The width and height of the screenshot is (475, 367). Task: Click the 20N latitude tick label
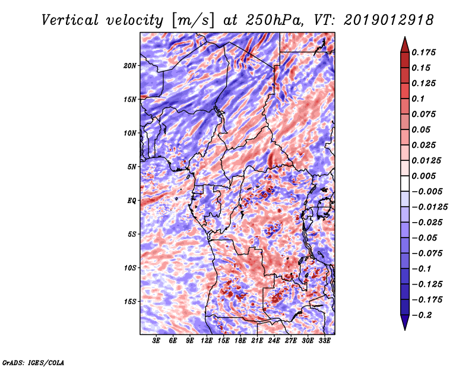click(129, 66)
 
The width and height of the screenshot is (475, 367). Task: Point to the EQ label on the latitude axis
click(132, 201)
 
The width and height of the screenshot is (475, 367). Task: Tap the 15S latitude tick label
click(129, 302)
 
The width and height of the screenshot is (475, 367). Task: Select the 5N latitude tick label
click(132, 167)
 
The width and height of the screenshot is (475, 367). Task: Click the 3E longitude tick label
click(156, 340)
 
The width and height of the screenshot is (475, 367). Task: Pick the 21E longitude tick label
click(257, 340)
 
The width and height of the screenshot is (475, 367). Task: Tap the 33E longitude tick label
click(324, 340)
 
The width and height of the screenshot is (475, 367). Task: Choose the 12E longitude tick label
click(206, 340)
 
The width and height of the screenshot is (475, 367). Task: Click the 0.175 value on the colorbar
click(423, 52)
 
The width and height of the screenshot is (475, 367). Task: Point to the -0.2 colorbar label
click(422, 315)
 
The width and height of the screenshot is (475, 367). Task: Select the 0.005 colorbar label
click(423, 176)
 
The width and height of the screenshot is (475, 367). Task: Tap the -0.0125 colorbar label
click(429, 207)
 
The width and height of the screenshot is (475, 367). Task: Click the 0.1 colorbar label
click(418, 99)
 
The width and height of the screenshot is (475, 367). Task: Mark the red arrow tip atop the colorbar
click(405, 37)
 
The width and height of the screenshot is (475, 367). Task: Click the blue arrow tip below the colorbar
click(405, 330)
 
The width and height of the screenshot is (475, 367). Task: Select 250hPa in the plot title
click(274, 20)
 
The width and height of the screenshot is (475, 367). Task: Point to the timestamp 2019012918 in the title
click(389, 20)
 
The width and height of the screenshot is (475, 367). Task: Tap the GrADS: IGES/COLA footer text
click(33, 362)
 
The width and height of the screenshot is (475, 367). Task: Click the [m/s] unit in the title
click(192, 21)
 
